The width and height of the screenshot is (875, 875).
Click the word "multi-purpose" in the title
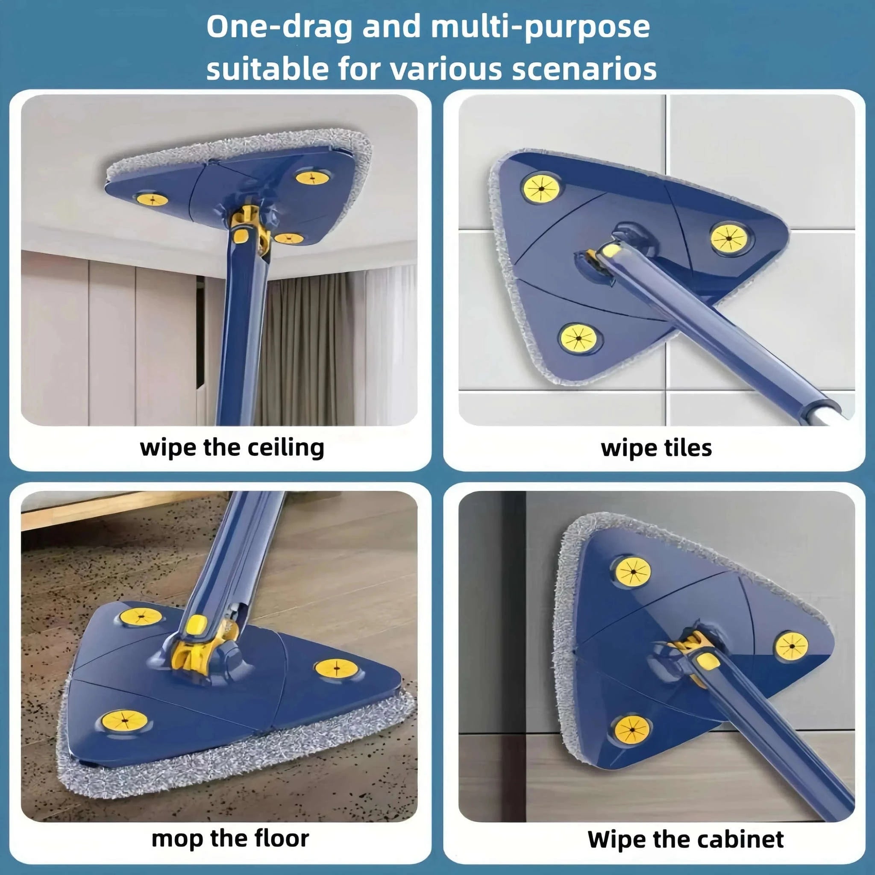(540, 28)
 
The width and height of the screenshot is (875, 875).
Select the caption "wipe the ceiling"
(232, 448)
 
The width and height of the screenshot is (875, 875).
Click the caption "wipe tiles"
(656, 448)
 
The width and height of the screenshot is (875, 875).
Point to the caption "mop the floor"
(230, 838)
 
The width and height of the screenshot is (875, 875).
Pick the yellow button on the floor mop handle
(196, 625)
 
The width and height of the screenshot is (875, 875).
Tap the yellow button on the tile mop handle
(611, 250)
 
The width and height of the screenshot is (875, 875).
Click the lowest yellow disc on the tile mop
(580, 338)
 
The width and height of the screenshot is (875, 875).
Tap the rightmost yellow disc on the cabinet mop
(792, 646)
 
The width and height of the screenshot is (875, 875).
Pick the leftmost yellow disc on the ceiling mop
(152, 199)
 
